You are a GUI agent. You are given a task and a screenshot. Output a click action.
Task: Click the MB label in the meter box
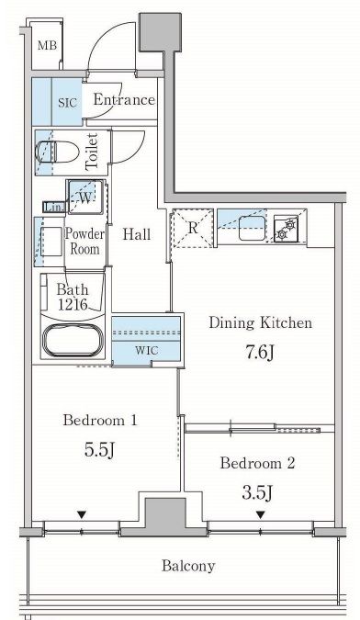pos(47,45)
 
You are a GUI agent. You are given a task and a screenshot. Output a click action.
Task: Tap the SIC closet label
pos(68,103)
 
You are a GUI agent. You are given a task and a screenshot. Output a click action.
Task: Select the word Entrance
pos(124,99)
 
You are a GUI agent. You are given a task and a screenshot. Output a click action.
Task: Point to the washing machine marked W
pos(85,197)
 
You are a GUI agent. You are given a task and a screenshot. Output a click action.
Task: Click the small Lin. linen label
pos(51,207)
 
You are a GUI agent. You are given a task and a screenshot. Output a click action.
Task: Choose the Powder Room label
pos(84,241)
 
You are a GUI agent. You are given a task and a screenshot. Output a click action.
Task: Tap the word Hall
pos(136,234)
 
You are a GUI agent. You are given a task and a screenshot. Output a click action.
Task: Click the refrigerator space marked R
pos(193,228)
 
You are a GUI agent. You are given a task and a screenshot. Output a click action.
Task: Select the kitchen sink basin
pos(252,228)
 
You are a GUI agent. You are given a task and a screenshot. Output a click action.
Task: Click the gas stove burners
pos(287,229)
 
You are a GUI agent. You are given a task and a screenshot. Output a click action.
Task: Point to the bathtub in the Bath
pos(73,340)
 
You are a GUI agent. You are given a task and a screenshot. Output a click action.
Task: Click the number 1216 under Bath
pos(73,304)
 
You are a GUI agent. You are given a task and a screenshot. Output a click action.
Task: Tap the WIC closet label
pos(147,350)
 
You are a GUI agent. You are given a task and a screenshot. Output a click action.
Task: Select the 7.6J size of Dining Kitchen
pos(260,353)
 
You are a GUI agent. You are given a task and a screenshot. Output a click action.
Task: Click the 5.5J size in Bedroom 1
pos(99,449)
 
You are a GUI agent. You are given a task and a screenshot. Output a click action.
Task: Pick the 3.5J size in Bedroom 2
pos(258,492)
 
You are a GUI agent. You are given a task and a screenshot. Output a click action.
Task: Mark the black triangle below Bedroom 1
pos(82,514)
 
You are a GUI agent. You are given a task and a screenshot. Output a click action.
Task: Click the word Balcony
pos(188,566)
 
